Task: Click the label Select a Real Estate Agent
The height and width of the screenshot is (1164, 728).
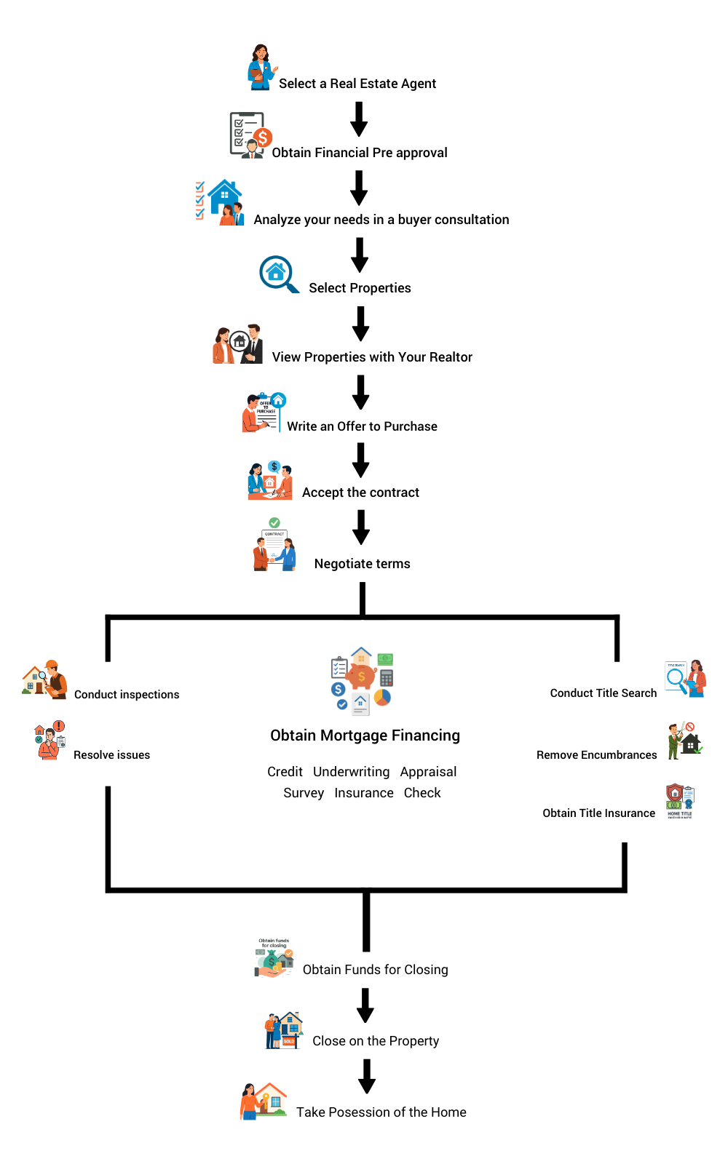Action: pos(357,84)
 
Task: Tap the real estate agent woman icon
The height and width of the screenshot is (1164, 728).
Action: pos(261,68)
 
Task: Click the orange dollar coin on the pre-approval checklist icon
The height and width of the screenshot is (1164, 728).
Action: pos(263,137)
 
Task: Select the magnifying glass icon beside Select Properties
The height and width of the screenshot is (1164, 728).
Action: pos(278,274)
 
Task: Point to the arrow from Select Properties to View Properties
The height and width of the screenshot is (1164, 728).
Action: pos(360,324)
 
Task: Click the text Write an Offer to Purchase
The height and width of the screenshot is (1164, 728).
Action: pos(362,426)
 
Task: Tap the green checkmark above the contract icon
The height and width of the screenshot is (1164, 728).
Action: pos(274,522)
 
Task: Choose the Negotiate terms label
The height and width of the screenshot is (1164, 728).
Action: pos(362,564)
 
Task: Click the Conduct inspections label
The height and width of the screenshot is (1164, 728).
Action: pos(127,695)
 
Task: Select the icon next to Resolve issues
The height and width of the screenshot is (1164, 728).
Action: pos(50,741)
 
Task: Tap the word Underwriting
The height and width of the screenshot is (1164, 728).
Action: pos(351,772)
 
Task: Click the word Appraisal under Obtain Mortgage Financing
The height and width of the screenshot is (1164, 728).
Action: pos(428,772)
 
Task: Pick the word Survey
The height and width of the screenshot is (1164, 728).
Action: pos(304,793)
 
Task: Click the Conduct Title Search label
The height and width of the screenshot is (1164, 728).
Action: pos(603,693)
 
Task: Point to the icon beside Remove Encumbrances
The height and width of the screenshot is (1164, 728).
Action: pos(684,741)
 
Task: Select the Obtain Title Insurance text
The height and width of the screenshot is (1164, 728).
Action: pos(598,813)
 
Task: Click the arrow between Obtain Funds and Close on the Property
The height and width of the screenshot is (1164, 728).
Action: pos(365,1005)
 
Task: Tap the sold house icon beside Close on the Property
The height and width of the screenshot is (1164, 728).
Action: pos(283,1030)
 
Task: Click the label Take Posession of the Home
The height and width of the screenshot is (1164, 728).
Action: pos(381,1112)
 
